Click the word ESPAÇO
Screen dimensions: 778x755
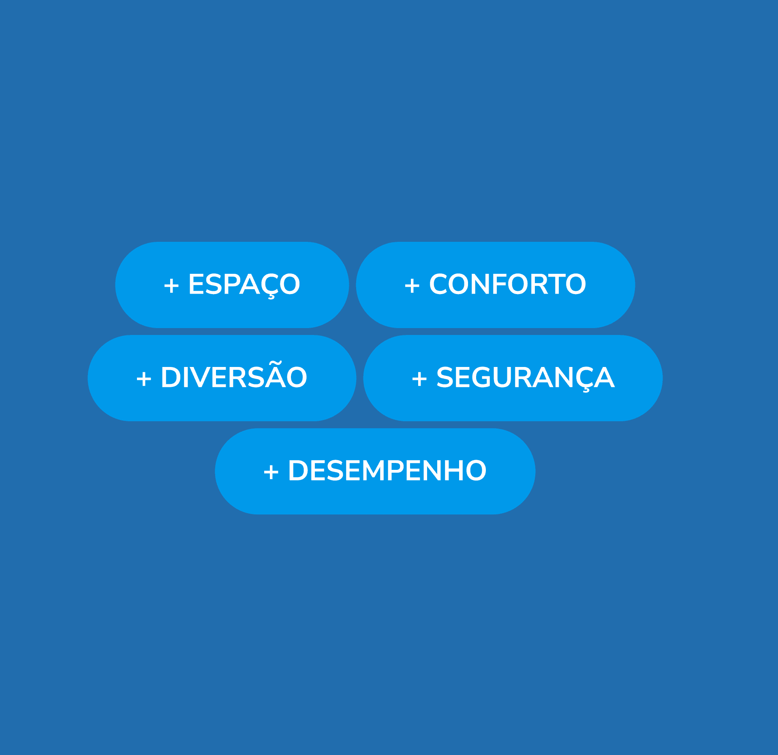[x=244, y=284]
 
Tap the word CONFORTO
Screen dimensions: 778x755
[x=507, y=284]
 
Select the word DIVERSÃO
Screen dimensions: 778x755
[x=234, y=377]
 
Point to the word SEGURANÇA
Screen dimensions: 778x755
[x=525, y=377]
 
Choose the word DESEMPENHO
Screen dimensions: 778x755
[x=387, y=471]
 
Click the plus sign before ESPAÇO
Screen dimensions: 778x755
[x=171, y=286]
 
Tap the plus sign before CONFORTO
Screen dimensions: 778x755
[x=412, y=286]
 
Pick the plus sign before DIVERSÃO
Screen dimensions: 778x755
[x=144, y=379]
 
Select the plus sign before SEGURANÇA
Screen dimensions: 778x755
[x=419, y=379]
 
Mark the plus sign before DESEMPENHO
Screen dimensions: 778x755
[x=271, y=472]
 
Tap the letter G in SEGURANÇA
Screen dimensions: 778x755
[x=485, y=377]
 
